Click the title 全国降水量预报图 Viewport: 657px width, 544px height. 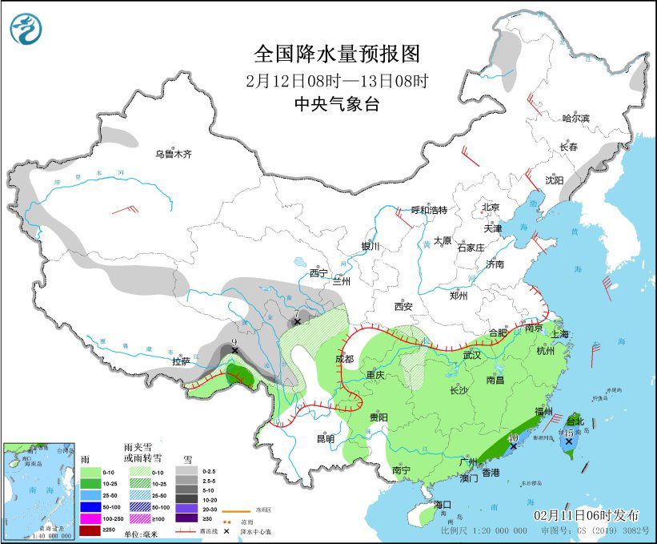coord(336,54)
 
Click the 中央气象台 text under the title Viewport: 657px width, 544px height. coord(336,103)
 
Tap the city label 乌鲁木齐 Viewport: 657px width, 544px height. coord(174,154)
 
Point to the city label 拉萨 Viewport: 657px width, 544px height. coord(182,361)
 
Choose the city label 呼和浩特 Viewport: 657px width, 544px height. coord(429,210)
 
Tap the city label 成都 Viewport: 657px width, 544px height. coord(344,359)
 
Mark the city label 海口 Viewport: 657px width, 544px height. coord(443,504)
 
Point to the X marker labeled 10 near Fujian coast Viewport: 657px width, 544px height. coord(512,445)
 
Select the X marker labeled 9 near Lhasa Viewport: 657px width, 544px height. coord(234,350)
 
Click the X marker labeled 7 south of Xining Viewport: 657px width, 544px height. coord(297,321)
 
